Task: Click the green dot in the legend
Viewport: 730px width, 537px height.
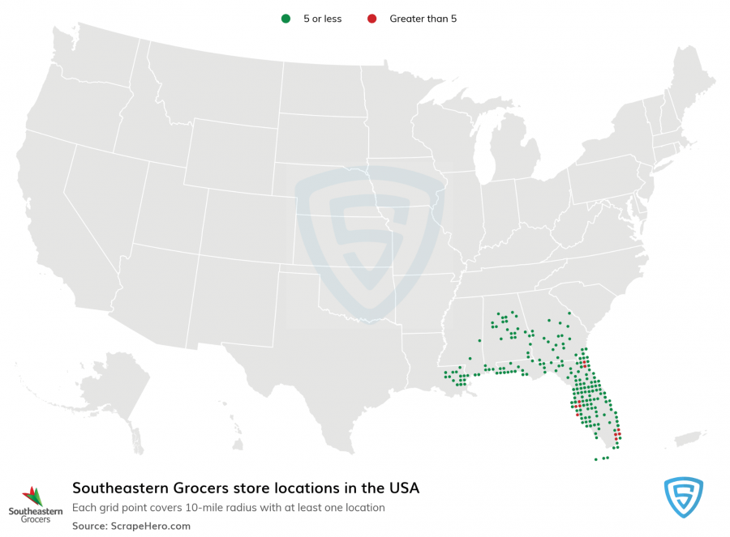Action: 285,19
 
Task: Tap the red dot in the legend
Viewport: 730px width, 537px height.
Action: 371,19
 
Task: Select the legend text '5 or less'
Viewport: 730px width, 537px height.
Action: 322,19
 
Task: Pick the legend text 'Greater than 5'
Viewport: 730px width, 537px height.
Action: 423,19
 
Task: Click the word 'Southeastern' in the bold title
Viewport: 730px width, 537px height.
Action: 119,488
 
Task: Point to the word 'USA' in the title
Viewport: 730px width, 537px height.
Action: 404,488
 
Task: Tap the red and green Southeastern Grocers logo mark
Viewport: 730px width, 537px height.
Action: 32,495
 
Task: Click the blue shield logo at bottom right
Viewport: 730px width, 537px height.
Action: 683,497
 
